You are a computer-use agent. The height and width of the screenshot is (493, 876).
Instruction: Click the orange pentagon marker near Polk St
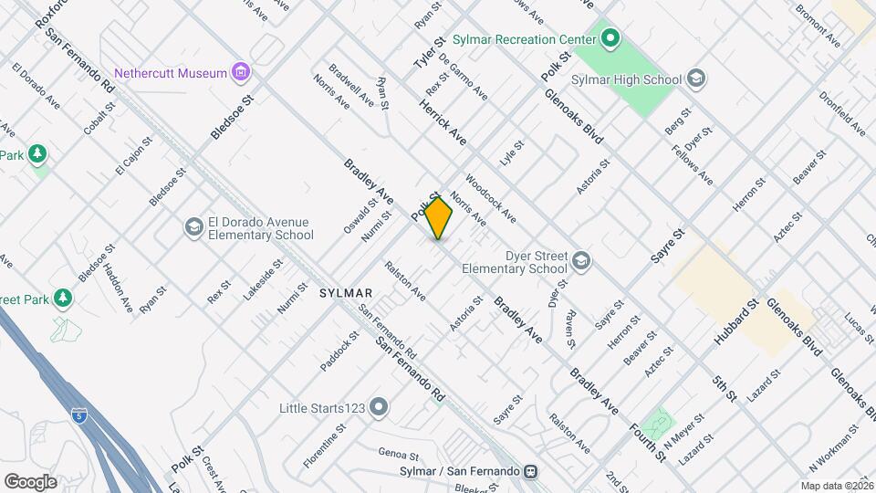click(x=439, y=219)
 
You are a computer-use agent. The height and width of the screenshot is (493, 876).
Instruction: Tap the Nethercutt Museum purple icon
click(x=241, y=71)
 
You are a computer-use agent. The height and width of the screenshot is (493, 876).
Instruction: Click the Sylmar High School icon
click(x=696, y=79)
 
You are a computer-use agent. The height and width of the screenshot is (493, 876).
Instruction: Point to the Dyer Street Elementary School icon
click(x=580, y=262)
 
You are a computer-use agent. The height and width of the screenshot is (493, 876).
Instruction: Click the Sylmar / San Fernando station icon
click(x=529, y=471)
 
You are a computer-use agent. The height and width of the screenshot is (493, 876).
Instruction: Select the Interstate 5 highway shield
click(x=80, y=415)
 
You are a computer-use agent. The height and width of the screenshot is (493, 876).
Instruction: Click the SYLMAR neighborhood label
click(x=346, y=293)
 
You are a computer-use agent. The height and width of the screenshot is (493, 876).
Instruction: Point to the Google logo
click(x=30, y=481)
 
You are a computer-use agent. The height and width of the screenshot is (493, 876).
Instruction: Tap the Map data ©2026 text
click(x=837, y=486)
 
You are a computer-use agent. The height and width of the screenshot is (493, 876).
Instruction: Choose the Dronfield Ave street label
click(x=841, y=112)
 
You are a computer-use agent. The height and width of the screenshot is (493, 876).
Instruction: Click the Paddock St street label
click(x=339, y=354)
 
